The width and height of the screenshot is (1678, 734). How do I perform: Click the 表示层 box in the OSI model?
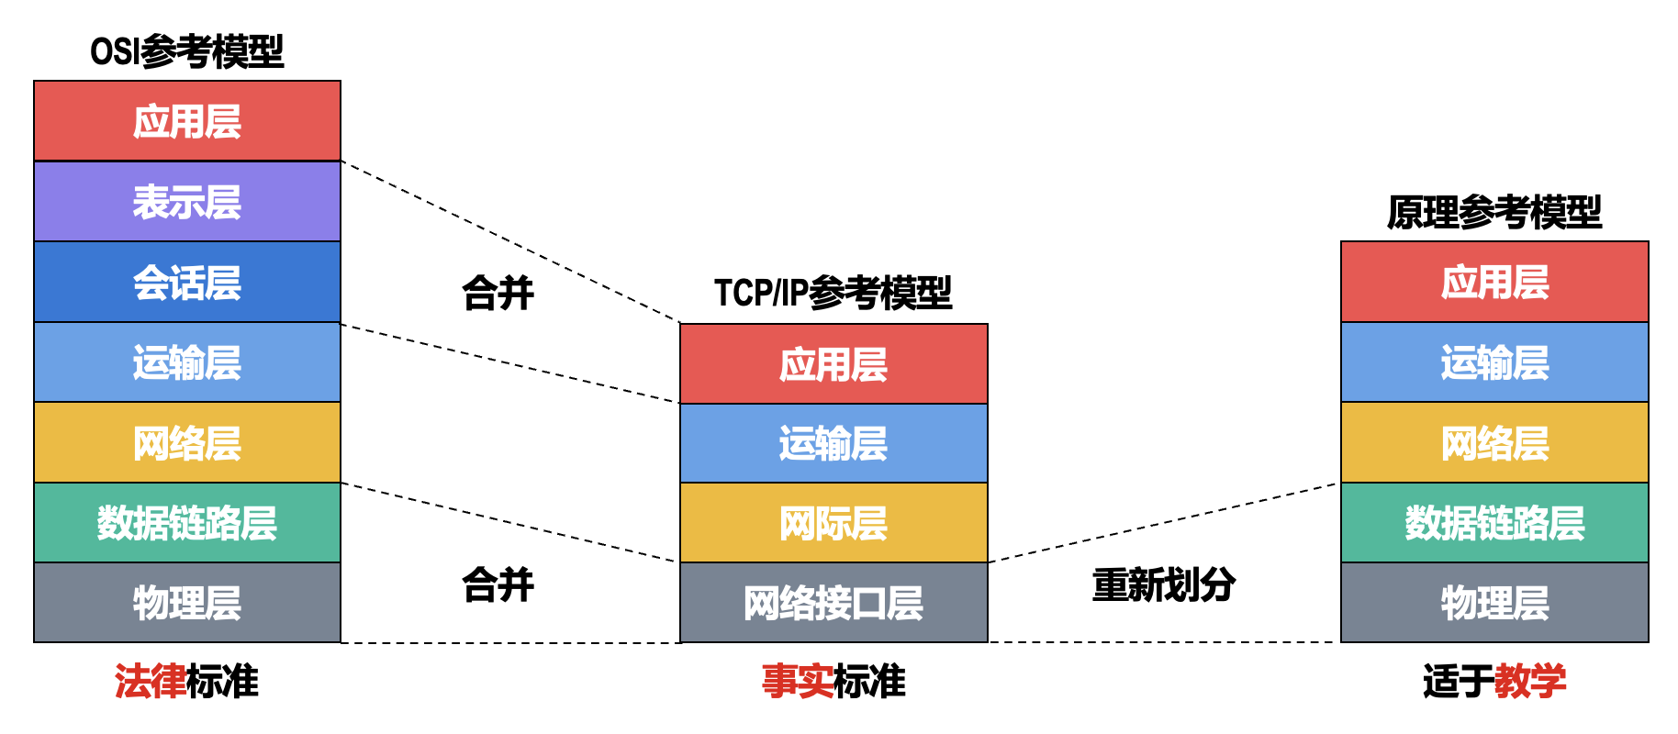coord(187,202)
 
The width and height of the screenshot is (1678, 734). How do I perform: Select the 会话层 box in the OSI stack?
coord(187,282)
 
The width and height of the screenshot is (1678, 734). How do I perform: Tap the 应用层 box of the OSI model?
coord(187,121)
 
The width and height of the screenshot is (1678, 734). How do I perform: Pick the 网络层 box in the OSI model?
coord(187,442)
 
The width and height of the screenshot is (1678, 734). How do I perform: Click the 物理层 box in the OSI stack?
coord(187,603)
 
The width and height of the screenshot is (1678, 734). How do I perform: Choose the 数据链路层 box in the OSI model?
coord(187,523)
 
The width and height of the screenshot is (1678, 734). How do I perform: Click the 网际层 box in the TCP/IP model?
coord(833,523)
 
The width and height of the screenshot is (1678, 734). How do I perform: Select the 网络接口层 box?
coord(833,603)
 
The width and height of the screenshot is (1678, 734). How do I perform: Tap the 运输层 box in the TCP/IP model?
coord(833,443)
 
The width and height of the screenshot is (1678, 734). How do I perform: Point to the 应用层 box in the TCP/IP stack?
coord(833,364)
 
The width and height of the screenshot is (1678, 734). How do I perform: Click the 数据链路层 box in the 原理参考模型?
coord(1494,523)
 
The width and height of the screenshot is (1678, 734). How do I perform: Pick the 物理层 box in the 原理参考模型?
coord(1494,603)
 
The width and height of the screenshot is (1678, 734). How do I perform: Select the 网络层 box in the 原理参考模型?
coord(1494,442)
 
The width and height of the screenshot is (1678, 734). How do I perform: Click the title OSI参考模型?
coord(187,51)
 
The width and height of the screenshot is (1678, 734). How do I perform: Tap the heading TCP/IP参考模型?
coord(833,293)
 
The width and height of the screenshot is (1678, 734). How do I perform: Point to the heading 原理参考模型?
coord(1494,212)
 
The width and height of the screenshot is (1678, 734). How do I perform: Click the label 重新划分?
coord(1163,584)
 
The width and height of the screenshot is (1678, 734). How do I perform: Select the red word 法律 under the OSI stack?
coord(150,682)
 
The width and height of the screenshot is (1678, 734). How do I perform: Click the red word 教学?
coord(1530,682)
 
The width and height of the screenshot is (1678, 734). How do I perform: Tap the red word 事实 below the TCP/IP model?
coord(797,682)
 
